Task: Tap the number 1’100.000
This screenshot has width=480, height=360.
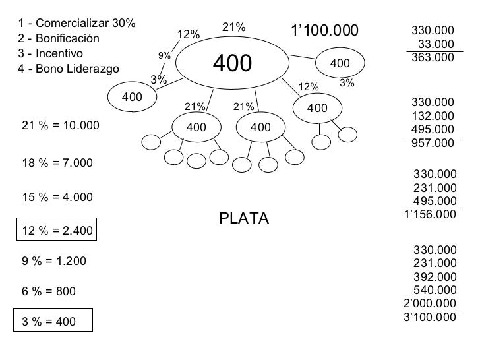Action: [x=325, y=30]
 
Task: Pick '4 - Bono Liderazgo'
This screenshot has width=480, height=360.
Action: [x=69, y=68]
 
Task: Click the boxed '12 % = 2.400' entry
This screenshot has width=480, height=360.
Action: [x=58, y=231]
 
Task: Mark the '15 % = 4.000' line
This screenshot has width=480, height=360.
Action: [x=57, y=196]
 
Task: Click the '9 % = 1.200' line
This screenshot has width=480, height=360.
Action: [x=54, y=260]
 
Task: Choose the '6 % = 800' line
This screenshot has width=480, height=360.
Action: [x=49, y=291]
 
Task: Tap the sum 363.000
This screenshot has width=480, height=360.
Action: [x=432, y=57]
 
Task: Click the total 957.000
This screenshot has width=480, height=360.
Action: [x=432, y=143]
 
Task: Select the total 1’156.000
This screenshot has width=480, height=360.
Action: [x=429, y=214]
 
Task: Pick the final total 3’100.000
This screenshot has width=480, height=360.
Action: [x=429, y=317]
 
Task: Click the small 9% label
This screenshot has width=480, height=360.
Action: [x=164, y=55]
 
